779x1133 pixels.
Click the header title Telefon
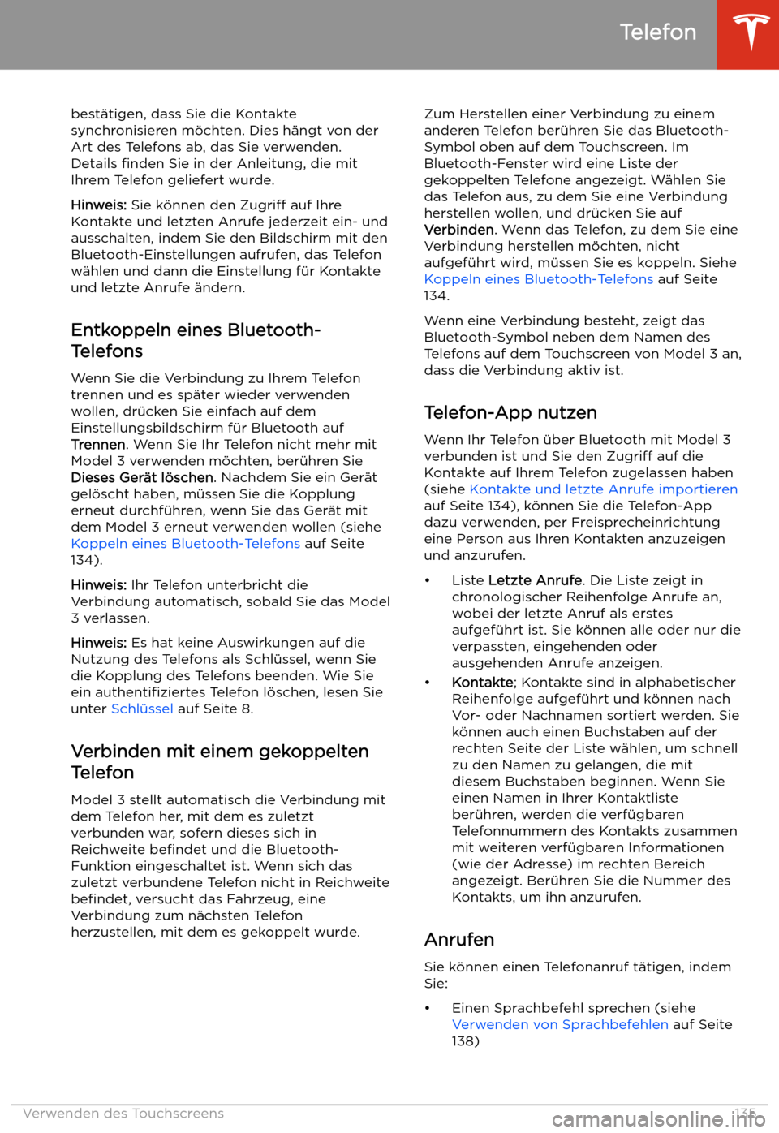pyautogui.click(x=657, y=32)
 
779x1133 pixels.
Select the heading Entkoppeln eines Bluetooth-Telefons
pyautogui.click(x=196, y=341)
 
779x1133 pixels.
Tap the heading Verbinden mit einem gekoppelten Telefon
pyautogui.click(x=220, y=761)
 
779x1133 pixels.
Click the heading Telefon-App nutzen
pyautogui.click(x=510, y=412)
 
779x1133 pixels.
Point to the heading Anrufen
pyautogui.click(x=459, y=939)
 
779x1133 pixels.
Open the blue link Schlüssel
pyautogui.click(x=142, y=709)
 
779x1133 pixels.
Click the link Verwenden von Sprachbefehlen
pyautogui.click(x=560, y=1024)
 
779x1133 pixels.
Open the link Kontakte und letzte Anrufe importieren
pyautogui.click(x=603, y=489)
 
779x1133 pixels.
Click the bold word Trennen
pyautogui.click(x=98, y=445)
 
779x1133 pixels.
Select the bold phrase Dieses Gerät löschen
pyautogui.click(x=142, y=478)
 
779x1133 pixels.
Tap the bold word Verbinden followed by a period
pyautogui.click(x=458, y=230)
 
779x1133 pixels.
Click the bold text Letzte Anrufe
pyautogui.click(x=535, y=580)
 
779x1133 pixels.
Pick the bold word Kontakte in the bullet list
pyautogui.click(x=482, y=683)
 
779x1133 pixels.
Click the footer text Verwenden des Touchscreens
pyautogui.click(x=123, y=1114)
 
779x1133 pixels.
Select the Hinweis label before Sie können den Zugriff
pyautogui.click(x=98, y=205)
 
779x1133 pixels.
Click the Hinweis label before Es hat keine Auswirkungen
pyautogui.click(x=98, y=643)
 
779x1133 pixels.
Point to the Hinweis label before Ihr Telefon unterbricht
pyautogui.click(x=98, y=585)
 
